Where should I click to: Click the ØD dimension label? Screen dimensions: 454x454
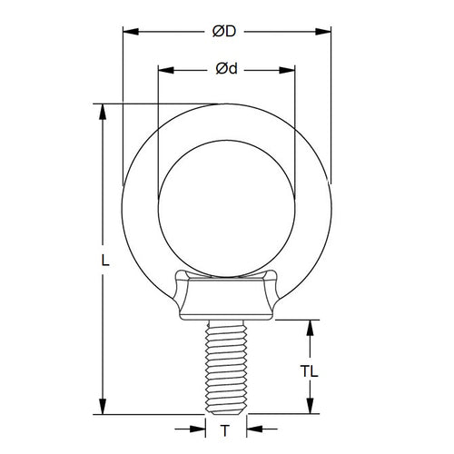[225, 32]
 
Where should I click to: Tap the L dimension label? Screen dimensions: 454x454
[105, 260]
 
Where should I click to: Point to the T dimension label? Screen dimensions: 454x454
[224, 428]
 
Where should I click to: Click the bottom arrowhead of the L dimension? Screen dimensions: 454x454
[105, 408]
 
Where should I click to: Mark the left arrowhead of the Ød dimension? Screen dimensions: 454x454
[163, 68]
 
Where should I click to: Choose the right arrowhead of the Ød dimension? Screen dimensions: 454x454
[290, 68]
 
